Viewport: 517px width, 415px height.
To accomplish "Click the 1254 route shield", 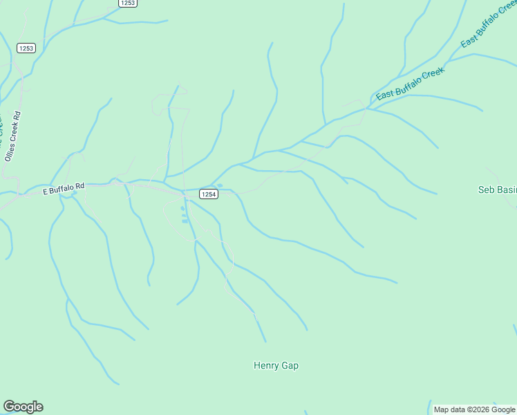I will click(x=209, y=194).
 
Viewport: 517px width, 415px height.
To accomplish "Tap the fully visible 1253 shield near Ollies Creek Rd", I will click(x=26, y=48).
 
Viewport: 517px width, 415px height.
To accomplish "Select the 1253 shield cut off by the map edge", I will click(x=127, y=3).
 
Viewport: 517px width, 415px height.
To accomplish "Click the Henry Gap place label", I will click(x=276, y=366).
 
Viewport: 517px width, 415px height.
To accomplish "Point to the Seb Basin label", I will click(x=497, y=190).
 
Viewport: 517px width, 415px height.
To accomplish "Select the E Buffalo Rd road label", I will click(x=63, y=187).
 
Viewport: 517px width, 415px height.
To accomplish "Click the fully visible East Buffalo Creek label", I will click(x=410, y=84).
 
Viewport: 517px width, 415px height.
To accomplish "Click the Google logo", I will click(x=23, y=407).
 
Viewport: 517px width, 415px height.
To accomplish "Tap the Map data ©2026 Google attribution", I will click(x=475, y=409).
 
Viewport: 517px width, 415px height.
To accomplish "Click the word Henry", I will click(x=266, y=366).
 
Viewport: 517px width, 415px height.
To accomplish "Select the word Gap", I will click(x=290, y=366).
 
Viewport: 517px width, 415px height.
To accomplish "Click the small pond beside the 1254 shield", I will click(x=184, y=209).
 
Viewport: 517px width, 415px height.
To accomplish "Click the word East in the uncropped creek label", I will click(x=384, y=95).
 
